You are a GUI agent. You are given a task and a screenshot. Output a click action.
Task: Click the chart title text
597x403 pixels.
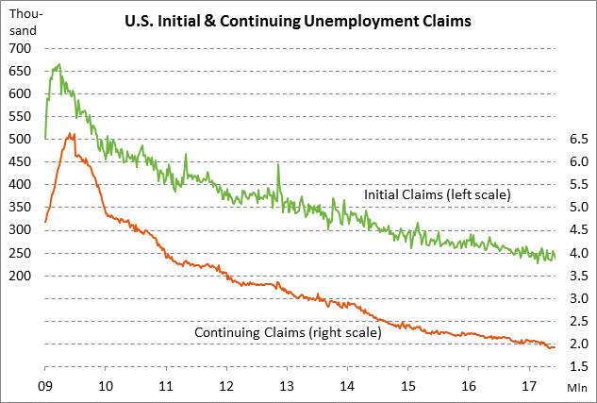(298, 21)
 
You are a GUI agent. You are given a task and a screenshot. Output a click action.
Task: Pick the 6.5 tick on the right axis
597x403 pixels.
(578, 139)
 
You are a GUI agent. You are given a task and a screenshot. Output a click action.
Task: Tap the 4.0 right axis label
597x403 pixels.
(578, 253)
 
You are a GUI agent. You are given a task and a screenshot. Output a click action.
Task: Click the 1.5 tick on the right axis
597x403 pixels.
(578, 367)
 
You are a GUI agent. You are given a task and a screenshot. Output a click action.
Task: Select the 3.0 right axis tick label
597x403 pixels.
(578, 298)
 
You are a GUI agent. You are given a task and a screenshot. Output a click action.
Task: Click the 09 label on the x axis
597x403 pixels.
(44, 386)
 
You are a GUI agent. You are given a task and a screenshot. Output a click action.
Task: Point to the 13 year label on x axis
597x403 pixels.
(287, 386)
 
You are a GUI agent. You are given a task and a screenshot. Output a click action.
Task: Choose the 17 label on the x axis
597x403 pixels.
(529, 386)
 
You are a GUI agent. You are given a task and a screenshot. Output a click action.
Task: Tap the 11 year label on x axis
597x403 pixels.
(166, 386)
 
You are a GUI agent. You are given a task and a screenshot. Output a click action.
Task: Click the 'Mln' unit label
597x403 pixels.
(577, 386)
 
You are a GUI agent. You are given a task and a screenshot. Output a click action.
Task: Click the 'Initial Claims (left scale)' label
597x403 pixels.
(437, 195)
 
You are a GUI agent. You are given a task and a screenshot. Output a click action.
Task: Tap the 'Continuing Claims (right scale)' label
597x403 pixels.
(287, 332)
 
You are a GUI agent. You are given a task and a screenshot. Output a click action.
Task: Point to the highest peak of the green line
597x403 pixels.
(59, 64)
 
